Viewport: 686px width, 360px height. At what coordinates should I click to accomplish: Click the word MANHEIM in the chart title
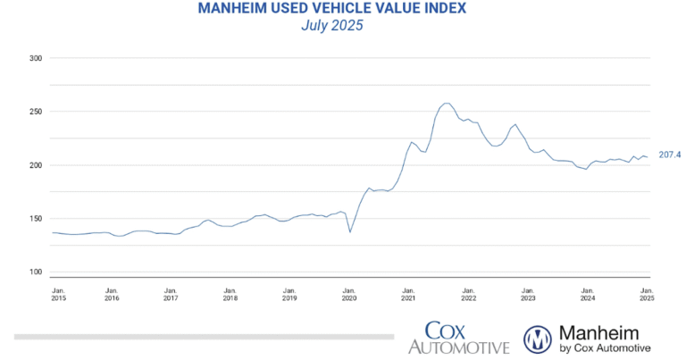(x=234, y=8)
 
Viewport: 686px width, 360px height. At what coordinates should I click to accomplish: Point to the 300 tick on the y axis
(x=36, y=58)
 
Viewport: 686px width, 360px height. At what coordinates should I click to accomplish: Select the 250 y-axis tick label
(x=36, y=112)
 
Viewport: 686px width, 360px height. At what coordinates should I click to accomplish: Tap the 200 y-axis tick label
(x=36, y=165)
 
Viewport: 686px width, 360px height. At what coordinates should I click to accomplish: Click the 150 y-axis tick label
(x=36, y=219)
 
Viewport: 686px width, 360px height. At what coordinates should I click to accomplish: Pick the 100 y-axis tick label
(x=36, y=272)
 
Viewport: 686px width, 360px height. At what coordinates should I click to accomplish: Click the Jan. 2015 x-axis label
(x=58, y=295)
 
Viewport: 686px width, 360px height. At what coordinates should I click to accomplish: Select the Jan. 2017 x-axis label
(x=171, y=295)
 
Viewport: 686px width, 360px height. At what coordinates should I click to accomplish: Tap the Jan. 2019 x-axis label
(x=289, y=295)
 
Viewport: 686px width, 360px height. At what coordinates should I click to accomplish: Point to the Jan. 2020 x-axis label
(x=349, y=295)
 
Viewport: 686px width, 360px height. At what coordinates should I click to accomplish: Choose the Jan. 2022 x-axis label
(x=468, y=295)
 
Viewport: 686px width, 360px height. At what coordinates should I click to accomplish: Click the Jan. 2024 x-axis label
(x=587, y=295)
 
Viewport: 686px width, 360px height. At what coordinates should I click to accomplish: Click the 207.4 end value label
(x=669, y=155)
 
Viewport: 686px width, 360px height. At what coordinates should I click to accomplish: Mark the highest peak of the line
(x=447, y=104)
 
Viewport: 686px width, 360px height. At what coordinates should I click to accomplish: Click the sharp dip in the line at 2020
(x=350, y=232)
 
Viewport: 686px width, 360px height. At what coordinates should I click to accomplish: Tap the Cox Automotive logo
(x=458, y=338)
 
